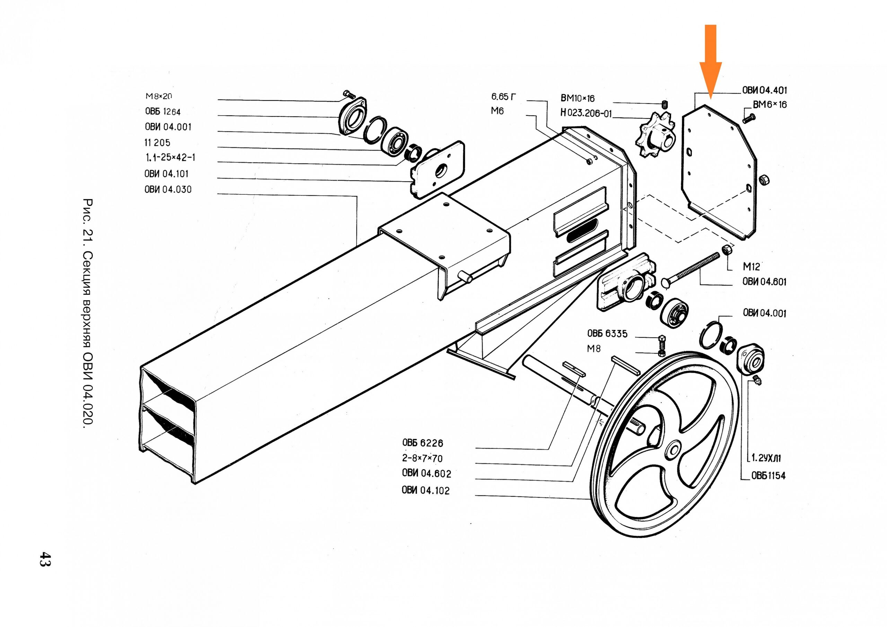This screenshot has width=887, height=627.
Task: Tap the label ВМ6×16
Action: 770,105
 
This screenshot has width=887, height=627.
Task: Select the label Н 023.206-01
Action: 586,113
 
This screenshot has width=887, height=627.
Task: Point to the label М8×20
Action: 159,96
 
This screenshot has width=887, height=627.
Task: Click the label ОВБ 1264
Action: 163,112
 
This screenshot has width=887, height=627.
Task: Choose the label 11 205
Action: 157,143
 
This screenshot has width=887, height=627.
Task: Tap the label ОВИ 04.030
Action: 168,189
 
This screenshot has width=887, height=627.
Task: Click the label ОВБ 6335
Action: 607,333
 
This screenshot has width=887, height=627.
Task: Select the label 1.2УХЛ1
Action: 766,458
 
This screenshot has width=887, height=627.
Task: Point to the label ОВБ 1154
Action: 769,476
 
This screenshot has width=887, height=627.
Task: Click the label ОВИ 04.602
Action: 427,473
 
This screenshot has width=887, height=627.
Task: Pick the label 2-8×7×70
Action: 422,458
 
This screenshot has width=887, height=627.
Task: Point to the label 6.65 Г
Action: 503,96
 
